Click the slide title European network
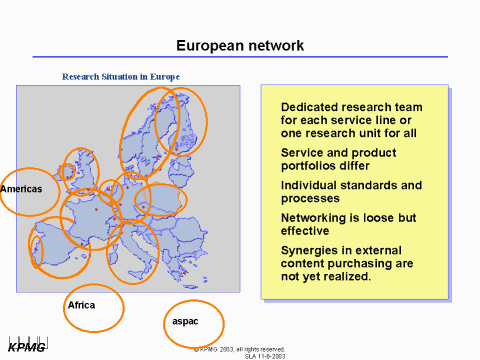click(x=240, y=46)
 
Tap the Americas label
click(x=21, y=189)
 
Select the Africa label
click(x=81, y=304)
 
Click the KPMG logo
click(x=27, y=347)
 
